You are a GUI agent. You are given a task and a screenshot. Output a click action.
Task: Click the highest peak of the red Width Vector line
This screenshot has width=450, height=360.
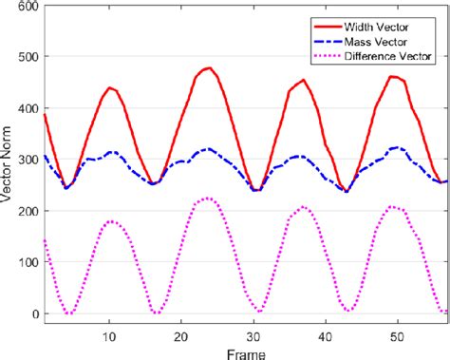coord(208,67)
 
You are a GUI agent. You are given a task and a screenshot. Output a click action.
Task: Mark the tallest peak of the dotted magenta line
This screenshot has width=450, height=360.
coord(208,199)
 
